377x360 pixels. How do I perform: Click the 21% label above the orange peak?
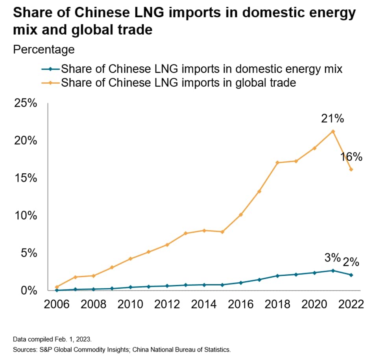point(333,118)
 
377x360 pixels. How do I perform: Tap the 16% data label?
point(351,157)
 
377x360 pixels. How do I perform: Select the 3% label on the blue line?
point(332,258)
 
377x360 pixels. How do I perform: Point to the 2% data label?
point(351,262)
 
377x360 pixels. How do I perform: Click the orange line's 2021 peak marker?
point(333,131)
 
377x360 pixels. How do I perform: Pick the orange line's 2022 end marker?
point(351,170)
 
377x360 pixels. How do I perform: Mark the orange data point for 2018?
point(277,162)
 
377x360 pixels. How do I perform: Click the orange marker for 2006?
point(57,287)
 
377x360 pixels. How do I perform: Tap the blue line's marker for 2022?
point(351,275)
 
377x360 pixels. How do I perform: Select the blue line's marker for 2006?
point(57,290)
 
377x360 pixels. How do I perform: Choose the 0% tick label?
point(29,291)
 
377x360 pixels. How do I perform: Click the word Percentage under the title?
point(44,50)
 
